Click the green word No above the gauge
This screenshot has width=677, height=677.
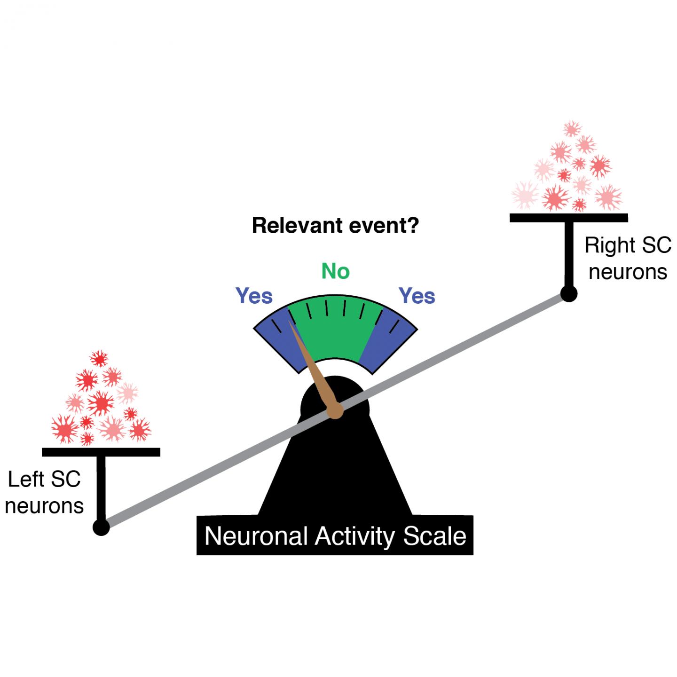click(x=335, y=271)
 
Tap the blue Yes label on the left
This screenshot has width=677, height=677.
click(x=254, y=296)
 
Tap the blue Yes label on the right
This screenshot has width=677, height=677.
click(x=417, y=296)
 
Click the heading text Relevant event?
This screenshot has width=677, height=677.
click(x=335, y=226)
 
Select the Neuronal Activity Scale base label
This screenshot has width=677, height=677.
click(x=335, y=536)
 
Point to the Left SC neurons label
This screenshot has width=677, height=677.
click(x=45, y=493)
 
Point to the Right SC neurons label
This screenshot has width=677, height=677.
click(x=628, y=259)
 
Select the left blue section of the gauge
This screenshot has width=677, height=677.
click(x=280, y=341)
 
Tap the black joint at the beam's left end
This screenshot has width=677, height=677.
click(x=101, y=527)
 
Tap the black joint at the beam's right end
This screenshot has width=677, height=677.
click(x=569, y=294)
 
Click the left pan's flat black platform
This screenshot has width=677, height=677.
click(x=101, y=452)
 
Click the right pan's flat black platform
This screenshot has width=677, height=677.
click(x=569, y=217)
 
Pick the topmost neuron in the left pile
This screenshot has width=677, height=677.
click(x=99, y=359)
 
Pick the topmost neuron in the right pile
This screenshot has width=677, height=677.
click(x=571, y=128)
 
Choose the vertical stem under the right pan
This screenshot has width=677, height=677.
click(x=569, y=254)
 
